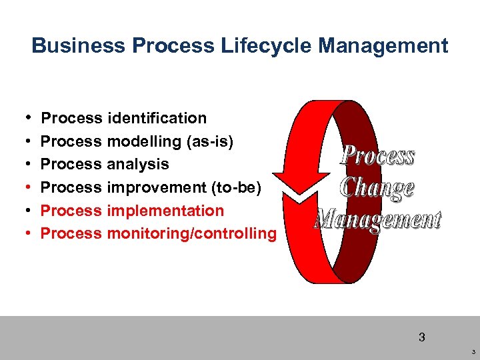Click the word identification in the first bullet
(157, 118)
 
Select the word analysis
(138, 164)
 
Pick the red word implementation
(165, 211)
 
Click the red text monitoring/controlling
(191, 233)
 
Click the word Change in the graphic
(377, 187)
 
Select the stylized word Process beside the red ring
(377, 156)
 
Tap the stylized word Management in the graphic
(378, 218)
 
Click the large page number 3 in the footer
(421, 337)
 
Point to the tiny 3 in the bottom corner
(473, 351)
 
